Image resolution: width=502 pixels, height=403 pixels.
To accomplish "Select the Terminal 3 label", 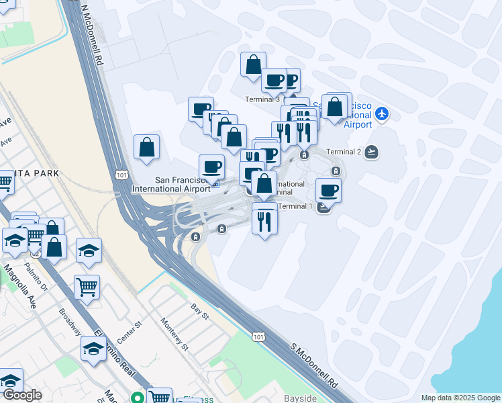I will click(x=263, y=99).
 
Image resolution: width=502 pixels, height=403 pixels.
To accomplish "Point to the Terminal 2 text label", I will click(x=344, y=152).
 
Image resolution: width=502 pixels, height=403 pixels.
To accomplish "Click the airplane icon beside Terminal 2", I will click(x=371, y=152).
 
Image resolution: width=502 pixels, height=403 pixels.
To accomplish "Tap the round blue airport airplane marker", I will click(x=382, y=113).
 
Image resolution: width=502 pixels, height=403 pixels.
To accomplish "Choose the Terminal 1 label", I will click(x=295, y=206).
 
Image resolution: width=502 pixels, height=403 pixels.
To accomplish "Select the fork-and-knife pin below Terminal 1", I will click(x=264, y=219).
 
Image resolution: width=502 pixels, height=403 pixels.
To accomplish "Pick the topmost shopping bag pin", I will click(x=254, y=65).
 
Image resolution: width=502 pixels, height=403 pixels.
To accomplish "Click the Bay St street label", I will click(x=200, y=311).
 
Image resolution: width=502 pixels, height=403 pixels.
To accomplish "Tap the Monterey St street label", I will click(x=174, y=334).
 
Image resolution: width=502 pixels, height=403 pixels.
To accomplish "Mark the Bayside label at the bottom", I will click(x=300, y=398).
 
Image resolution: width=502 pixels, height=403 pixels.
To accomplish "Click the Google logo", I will click(x=21, y=395).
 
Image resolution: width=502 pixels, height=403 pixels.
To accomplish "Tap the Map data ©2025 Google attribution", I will click(x=460, y=398).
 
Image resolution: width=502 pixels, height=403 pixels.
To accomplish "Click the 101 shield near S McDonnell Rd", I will click(x=258, y=334).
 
